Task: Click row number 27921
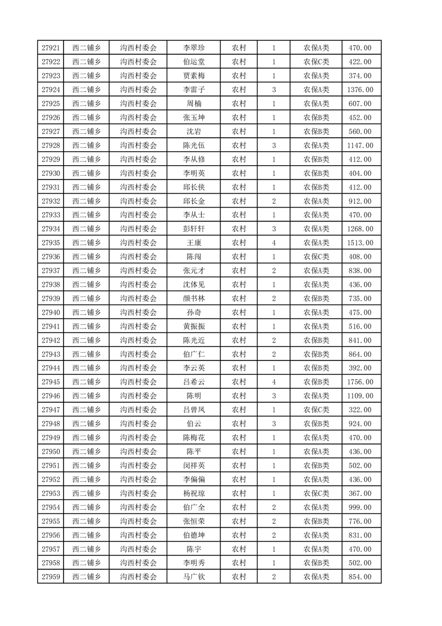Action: click(x=51, y=48)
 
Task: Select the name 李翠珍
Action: click(x=193, y=48)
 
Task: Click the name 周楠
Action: click(x=193, y=104)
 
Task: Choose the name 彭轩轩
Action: click(x=193, y=229)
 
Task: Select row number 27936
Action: click(x=51, y=257)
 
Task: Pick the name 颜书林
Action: click(x=193, y=298)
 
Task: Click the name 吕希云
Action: click(x=193, y=382)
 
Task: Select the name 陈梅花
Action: click(x=193, y=437)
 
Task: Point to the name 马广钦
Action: click(x=193, y=577)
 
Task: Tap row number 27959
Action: click(x=51, y=577)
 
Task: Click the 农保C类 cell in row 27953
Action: click(x=316, y=493)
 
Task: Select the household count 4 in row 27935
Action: click(x=274, y=243)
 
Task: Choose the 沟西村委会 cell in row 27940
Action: click(x=139, y=312)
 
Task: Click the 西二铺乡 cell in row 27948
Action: click(x=86, y=423)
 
